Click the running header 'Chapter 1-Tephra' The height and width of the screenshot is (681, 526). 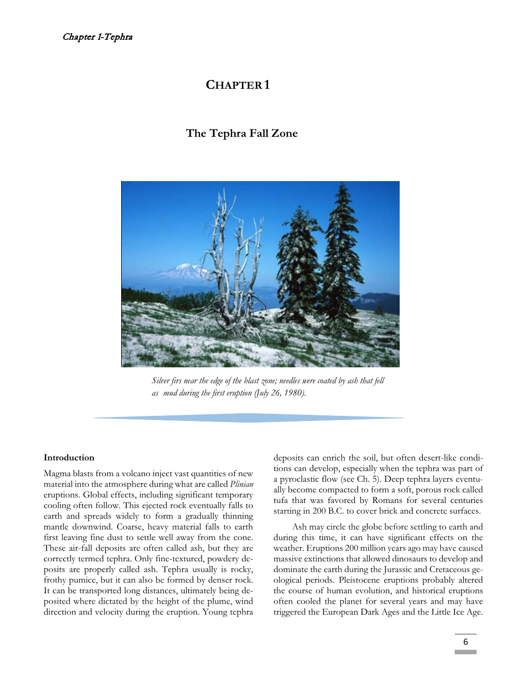97,37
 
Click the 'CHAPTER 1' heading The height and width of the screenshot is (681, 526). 237,85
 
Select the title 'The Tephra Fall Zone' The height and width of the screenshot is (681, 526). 242,133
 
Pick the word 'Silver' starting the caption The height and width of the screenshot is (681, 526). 160,381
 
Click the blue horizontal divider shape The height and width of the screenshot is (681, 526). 249,417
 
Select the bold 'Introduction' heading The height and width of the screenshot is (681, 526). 69,458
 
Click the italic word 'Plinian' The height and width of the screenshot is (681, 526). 241,484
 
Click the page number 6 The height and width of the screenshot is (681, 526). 465,642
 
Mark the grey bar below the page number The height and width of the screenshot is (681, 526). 465,652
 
